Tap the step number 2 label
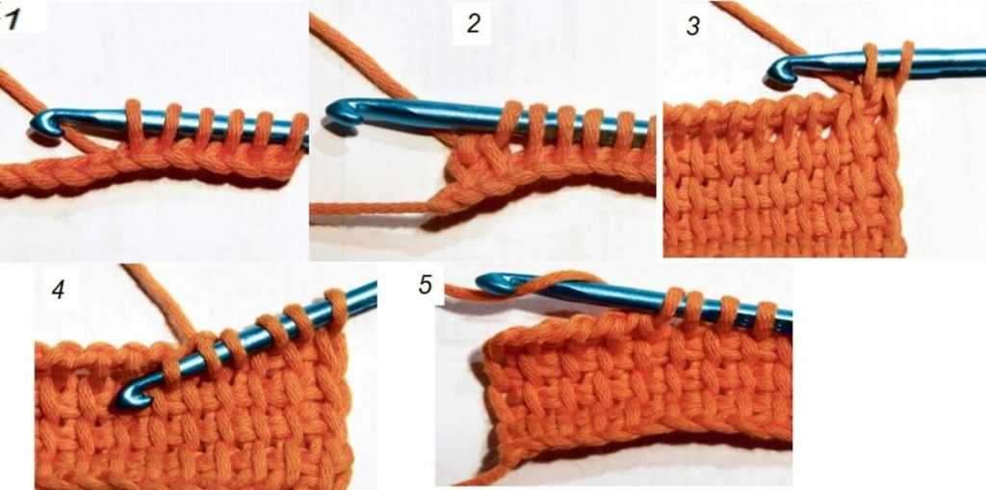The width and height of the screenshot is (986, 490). coord(473,24)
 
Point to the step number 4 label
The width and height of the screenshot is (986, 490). coord(59,290)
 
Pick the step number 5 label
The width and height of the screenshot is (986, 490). coord(426,284)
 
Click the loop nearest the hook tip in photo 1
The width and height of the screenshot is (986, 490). coord(134,119)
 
